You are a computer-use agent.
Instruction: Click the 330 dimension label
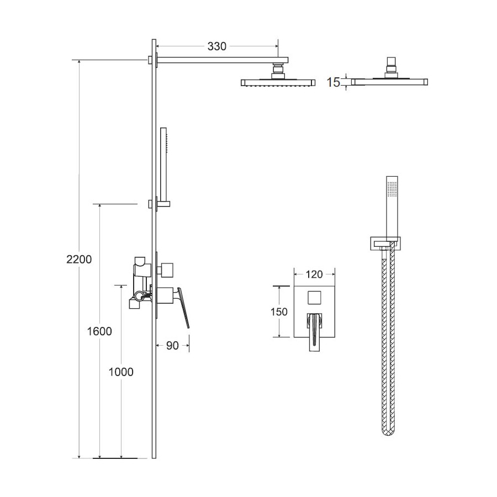[x=217, y=46]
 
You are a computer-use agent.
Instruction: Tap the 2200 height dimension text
[x=79, y=260]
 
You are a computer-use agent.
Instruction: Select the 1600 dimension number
[x=99, y=331]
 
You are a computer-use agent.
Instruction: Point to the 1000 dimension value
[x=121, y=372]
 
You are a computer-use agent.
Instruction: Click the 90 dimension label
[x=172, y=346]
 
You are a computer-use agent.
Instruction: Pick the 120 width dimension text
[x=314, y=274]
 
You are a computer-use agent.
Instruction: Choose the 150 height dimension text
[x=279, y=311]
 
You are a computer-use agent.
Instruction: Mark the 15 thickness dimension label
[x=333, y=82]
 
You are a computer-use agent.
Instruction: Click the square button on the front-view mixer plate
[x=315, y=297]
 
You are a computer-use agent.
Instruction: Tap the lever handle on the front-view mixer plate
[x=315, y=331]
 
